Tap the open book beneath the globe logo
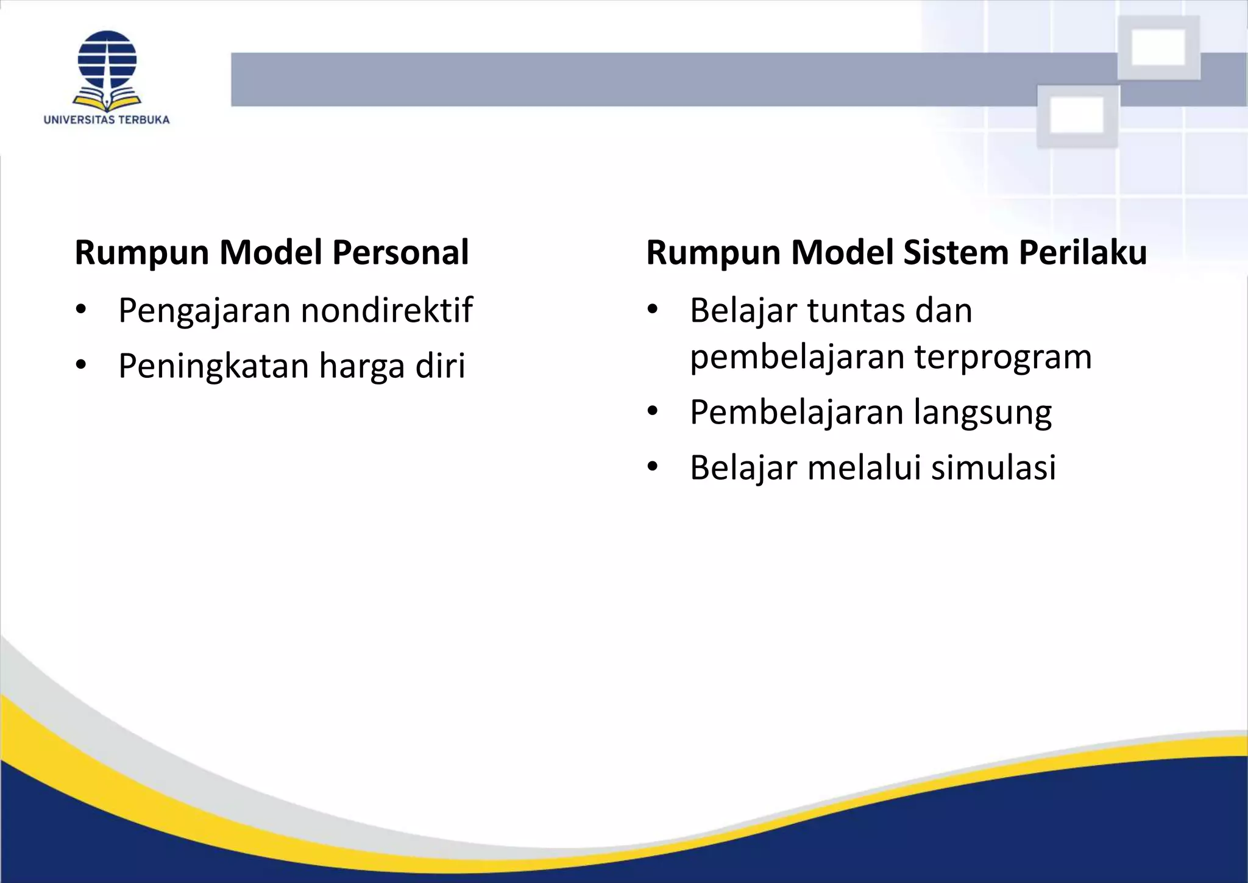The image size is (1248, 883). (107, 100)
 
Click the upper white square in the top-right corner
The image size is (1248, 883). (1158, 47)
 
